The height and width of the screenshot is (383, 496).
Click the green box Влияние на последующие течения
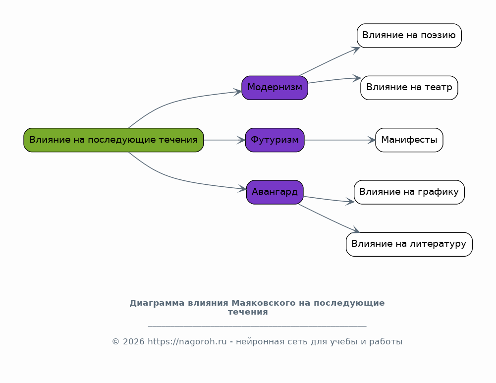(x=113, y=140)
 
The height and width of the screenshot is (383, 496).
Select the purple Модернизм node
(x=275, y=88)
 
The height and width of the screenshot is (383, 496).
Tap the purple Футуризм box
(x=275, y=140)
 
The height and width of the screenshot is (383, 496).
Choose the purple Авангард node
(x=275, y=192)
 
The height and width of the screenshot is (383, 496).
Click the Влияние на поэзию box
(x=409, y=35)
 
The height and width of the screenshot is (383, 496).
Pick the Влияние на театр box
(x=409, y=88)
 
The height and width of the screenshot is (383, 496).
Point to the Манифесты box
(x=409, y=140)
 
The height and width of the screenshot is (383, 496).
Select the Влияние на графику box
(x=409, y=192)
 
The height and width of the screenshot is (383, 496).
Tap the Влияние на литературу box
(x=409, y=244)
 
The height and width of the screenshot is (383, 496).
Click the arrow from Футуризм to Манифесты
(x=340, y=140)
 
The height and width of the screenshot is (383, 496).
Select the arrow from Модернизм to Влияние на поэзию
(x=330, y=61)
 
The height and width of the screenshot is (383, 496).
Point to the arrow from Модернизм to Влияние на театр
(x=334, y=80)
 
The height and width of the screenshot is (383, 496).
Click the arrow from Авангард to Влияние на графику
(x=329, y=199)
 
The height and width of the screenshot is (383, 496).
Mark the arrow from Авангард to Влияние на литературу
(x=330, y=219)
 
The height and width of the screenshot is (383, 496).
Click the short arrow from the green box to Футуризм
(x=224, y=140)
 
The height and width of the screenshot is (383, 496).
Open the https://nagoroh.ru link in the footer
(x=187, y=341)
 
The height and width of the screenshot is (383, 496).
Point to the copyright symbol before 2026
(x=115, y=342)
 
